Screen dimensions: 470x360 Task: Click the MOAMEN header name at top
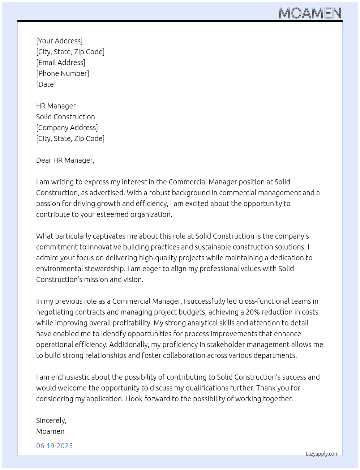[x=310, y=13]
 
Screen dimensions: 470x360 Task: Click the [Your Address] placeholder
[x=59, y=41]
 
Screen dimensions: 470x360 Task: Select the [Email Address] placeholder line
[x=61, y=63]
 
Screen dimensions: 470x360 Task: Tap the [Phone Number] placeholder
[x=63, y=73]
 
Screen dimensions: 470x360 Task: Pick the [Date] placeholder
[x=46, y=84]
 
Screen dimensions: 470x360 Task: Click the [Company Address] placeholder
[x=67, y=128]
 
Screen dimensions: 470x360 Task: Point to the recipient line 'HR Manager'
[x=56, y=106]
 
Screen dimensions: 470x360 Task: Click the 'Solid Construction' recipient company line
[x=65, y=117]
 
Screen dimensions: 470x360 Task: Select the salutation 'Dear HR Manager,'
[x=65, y=160]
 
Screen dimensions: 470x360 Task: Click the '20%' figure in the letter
[x=253, y=312]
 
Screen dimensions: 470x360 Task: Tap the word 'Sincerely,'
[x=51, y=420]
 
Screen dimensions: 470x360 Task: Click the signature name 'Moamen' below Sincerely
[x=50, y=431]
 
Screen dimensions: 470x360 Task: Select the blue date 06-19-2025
[x=54, y=446]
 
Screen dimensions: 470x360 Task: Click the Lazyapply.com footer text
[x=322, y=454]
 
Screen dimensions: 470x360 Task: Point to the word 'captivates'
[x=110, y=236]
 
